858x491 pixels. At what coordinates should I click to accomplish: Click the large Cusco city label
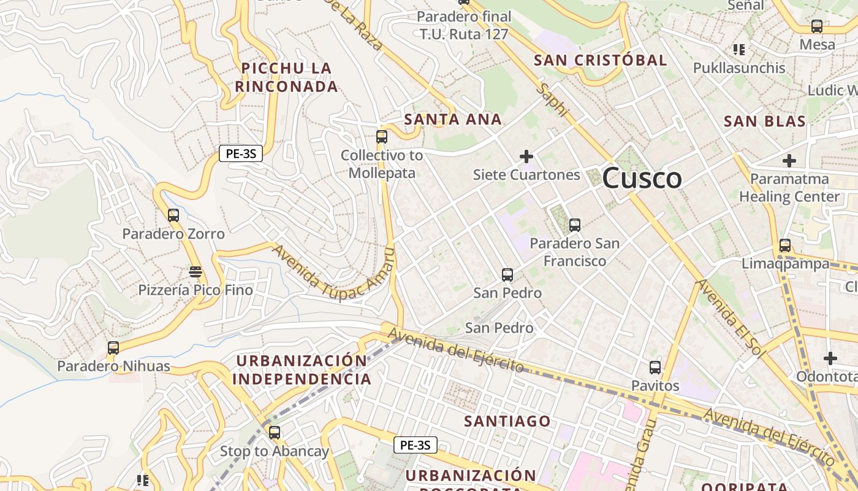pyautogui.click(x=642, y=179)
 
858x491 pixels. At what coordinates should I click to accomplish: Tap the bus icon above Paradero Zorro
pyautogui.click(x=173, y=215)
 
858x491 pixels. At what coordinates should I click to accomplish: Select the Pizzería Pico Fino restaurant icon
pyautogui.click(x=196, y=271)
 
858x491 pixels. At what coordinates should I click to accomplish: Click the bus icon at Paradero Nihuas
pyautogui.click(x=113, y=348)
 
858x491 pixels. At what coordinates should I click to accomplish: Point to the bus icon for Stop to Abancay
pyautogui.click(x=275, y=433)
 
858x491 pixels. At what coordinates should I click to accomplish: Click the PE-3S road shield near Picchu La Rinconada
pyautogui.click(x=241, y=154)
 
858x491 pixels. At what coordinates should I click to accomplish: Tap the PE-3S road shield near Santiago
pyautogui.click(x=416, y=445)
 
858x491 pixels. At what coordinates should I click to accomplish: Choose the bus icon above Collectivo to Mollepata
pyautogui.click(x=382, y=137)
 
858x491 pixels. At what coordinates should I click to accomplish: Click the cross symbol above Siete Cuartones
pyautogui.click(x=526, y=157)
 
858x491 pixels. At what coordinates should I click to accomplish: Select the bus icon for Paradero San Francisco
pyautogui.click(x=574, y=225)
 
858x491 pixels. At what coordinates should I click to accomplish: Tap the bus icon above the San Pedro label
pyautogui.click(x=507, y=275)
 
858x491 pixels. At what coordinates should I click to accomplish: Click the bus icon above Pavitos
pyautogui.click(x=655, y=368)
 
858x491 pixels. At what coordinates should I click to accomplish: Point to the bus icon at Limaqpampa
pyautogui.click(x=785, y=245)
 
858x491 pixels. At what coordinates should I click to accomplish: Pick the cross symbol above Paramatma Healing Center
pyautogui.click(x=789, y=161)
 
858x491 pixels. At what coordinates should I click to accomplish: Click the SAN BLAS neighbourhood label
pyautogui.click(x=765, y=121)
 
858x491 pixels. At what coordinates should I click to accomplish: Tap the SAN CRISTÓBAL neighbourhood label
pyautogui.click(x=600, y=60)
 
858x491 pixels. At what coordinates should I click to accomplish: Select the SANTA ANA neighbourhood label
pyautogui.click(x=453, y=119)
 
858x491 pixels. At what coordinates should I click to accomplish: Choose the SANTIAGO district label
pyautogui.click(x=507, y=421)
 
